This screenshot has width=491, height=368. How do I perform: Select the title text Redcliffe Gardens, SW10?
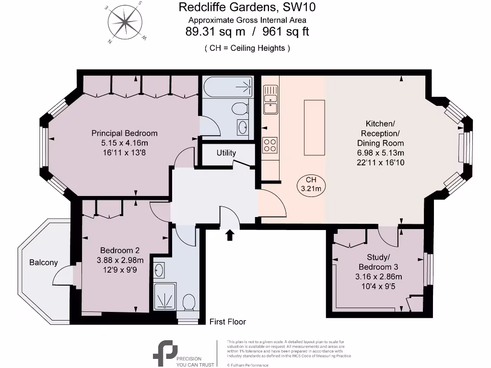(247, 7)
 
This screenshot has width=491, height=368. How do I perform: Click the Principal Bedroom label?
(124, 133)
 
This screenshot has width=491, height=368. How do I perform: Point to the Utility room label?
(226, 153)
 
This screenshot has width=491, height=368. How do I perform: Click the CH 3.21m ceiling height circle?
(310, 184)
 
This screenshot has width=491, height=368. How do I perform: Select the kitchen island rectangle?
(314, 128)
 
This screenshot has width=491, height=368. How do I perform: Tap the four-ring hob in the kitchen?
(270, 145)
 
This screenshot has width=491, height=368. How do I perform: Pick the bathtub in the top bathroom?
(228, 87)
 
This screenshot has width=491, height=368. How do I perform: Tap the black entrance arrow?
(230, 234)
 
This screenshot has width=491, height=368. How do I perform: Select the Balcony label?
(43, 262)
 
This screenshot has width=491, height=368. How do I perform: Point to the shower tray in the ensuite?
(165, 296)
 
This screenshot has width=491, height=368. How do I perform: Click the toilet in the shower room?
(189, 302)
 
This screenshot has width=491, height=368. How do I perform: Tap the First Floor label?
(228, 322)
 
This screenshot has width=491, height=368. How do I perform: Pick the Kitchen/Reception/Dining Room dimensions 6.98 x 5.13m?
(380, 153)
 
